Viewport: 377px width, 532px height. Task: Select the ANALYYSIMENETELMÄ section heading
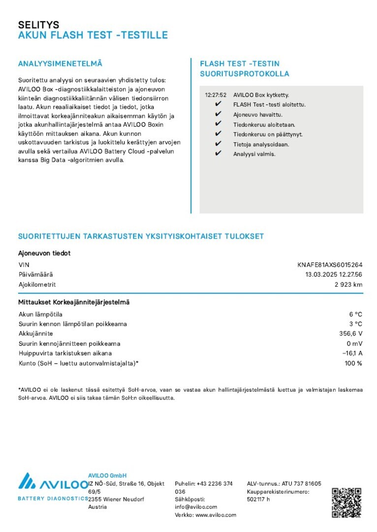(60, 64)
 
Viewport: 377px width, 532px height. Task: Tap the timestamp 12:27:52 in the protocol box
(216, 95)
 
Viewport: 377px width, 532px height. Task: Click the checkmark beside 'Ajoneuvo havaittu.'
(219, 114)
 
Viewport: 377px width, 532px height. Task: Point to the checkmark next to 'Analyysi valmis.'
(219, 154)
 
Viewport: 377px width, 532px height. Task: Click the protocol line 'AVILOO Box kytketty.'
(261, 95)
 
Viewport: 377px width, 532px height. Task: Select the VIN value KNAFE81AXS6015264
(330, 265)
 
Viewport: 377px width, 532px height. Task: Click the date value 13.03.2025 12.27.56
(334, 274)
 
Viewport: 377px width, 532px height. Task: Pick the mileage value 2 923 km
(348, 284)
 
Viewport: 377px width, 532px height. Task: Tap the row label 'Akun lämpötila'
(40, 314)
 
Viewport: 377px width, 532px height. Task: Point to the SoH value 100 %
(353, 363)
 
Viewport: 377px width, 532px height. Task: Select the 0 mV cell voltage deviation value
(354, 343)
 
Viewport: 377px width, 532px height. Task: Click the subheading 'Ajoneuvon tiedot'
(44, 253)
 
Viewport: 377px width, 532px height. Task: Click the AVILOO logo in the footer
(53, 485)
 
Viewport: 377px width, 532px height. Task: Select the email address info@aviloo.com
(196, 507)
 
